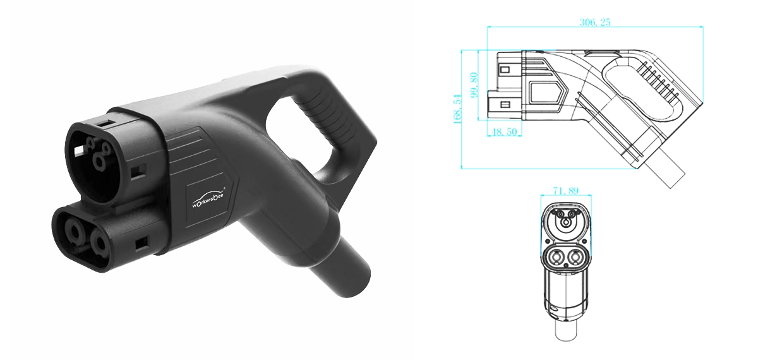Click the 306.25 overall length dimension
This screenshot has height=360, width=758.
pos(595,22)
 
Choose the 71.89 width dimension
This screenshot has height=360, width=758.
pos(566,189)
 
